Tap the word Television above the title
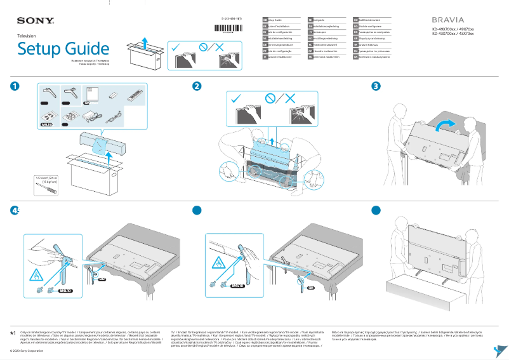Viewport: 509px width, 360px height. [x=27, y=37]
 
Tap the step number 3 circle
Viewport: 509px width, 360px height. [x=376, y=86]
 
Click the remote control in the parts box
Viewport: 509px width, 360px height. [x=135, y=95]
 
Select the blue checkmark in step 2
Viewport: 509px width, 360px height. [x=236, y=99]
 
